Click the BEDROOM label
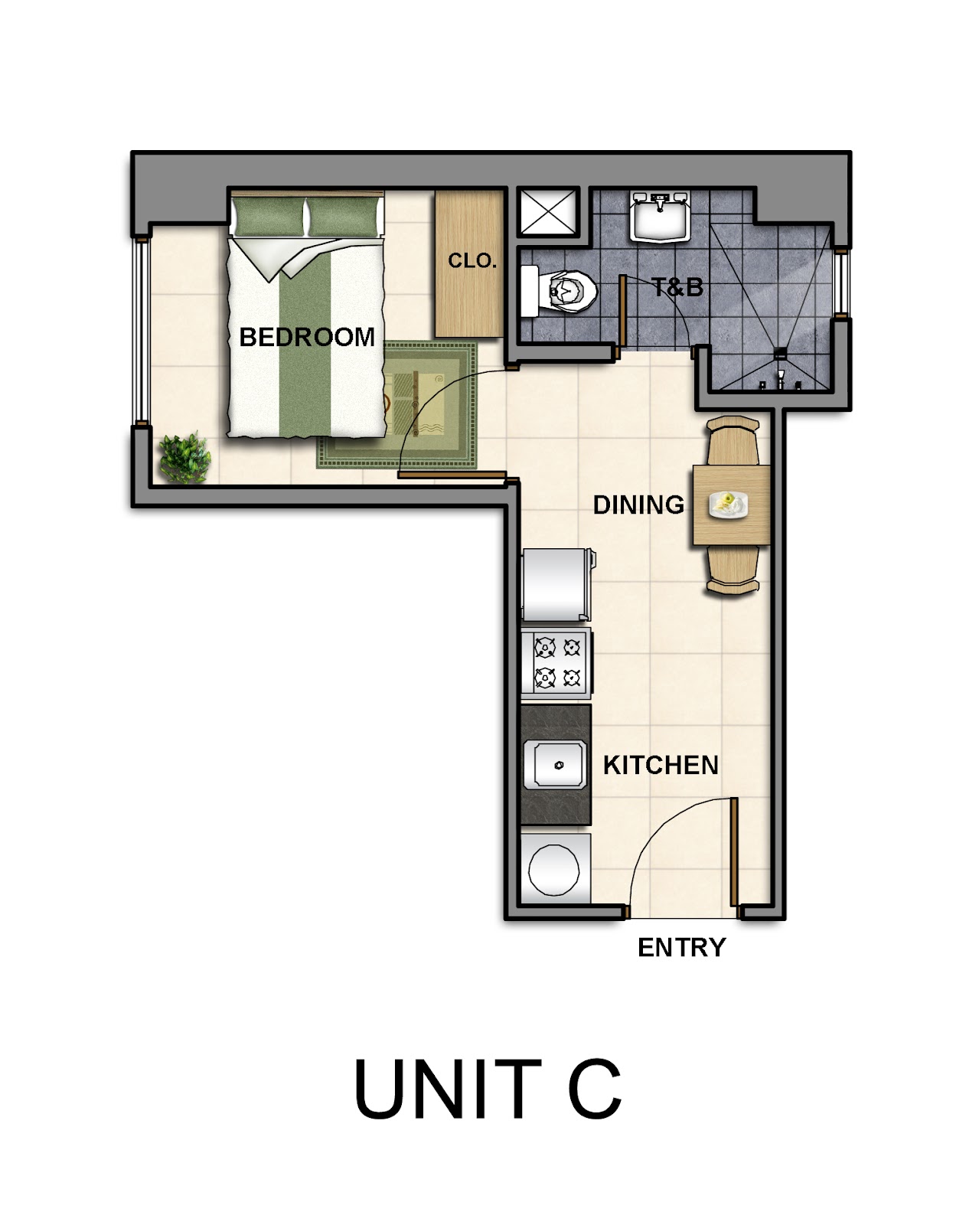(307, 337)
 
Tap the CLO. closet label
(472, 261)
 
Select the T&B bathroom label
(677, 287)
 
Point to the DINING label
(638, 505)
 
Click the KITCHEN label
(661, 765)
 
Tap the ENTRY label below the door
(682, 948)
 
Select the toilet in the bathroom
(560, 292)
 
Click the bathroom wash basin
(661, 217)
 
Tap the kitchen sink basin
(555, 765)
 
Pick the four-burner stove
(556, 663)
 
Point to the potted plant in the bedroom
(184, 459)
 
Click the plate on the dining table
(728, 505)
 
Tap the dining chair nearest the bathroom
(733, 440)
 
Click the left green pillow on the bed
(268, 217)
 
